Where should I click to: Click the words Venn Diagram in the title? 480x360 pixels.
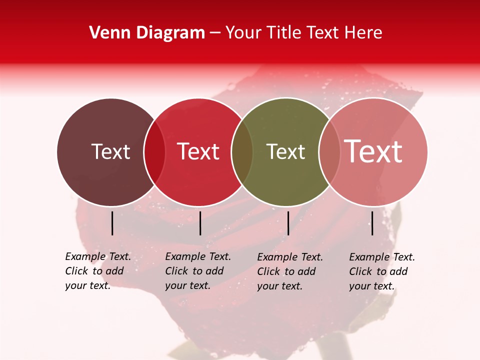147,33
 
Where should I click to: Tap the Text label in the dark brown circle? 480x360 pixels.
110,151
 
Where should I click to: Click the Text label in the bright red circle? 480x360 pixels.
198,151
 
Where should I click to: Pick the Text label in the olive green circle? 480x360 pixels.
285,151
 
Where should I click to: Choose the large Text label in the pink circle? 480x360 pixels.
373,151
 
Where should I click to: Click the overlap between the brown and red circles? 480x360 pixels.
154,152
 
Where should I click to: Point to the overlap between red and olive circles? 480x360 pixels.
242,152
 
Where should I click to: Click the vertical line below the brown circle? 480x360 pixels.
112,223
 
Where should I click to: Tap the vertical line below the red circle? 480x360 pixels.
200,223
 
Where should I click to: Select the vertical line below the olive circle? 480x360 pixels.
288,223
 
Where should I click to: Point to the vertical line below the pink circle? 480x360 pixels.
372,223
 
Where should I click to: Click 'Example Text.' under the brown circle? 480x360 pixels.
98,256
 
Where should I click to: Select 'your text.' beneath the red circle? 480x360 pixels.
187,285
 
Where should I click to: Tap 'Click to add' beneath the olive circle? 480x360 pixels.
286,271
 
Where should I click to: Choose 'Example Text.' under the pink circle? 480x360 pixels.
382,257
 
